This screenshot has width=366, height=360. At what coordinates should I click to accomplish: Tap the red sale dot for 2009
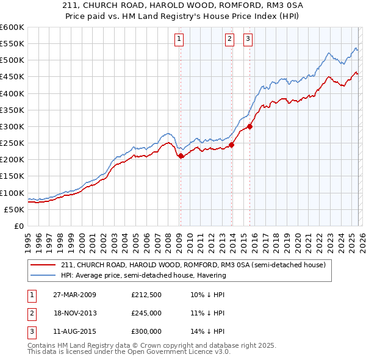[181, 156]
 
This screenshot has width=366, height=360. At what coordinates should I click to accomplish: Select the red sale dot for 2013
[232, 145]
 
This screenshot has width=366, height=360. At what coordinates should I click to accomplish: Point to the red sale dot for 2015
[250, 126]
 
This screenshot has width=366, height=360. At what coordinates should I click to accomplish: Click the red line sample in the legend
[44, 265]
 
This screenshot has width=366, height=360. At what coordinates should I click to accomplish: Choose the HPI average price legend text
[143, 275]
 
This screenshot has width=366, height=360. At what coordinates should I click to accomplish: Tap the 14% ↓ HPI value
[208, 331]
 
